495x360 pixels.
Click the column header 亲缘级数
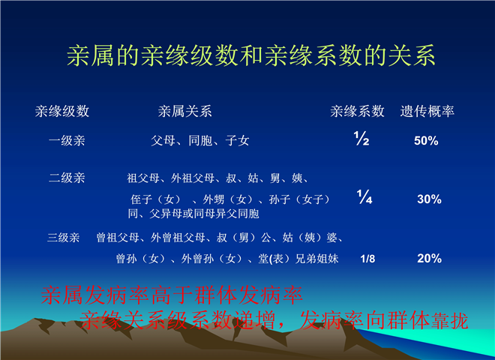pos(62,112)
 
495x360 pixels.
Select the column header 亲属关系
pos(185,112)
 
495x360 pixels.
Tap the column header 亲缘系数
pos(357,112)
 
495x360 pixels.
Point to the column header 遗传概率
pos(427,112)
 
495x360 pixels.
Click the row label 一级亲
pos(67,140)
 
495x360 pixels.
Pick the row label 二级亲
pos(67,178)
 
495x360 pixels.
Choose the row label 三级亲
pos(64,238)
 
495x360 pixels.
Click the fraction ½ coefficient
pos(361,138)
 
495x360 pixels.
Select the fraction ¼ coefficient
pos(364,196)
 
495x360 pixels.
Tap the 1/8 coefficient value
pos(367,259)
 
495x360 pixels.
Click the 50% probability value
pos(426,141)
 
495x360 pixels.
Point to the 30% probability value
pos(429,199)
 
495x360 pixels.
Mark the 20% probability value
pos(429,259)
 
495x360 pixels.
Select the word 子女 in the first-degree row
pos(238,140)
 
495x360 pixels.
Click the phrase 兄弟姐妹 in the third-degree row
pos(317,259)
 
